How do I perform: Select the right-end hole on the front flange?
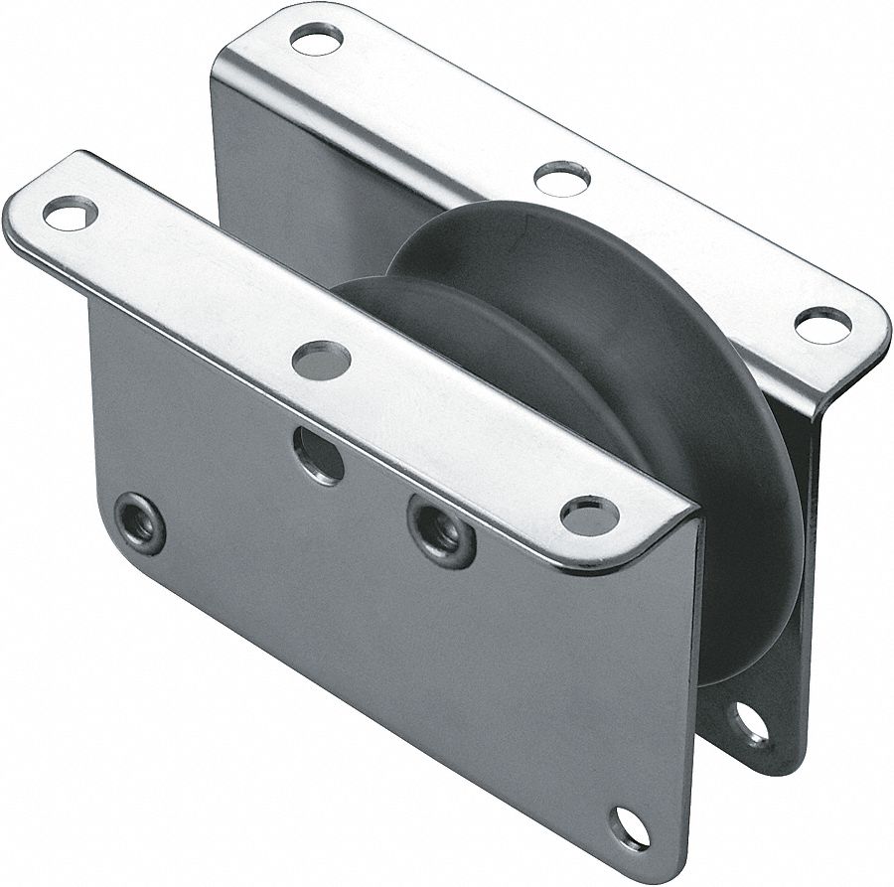click(589, 515)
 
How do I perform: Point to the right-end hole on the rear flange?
click(822, 325)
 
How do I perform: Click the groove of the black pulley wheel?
click(556, 328)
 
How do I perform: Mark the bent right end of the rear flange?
click(844, 377)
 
